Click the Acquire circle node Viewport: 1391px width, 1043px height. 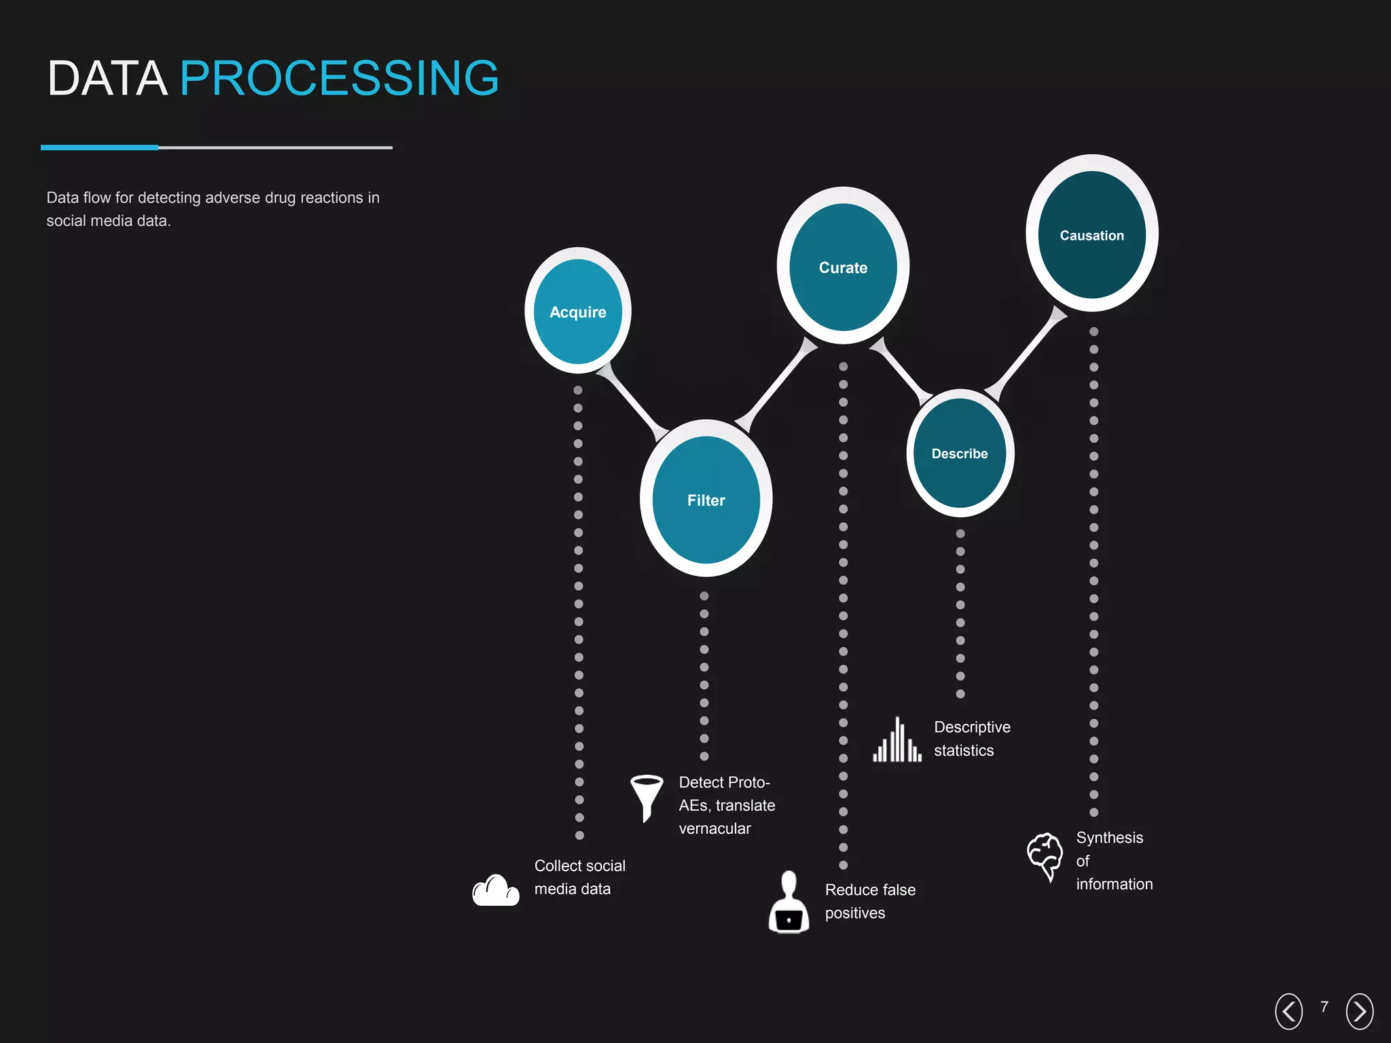point(577,311)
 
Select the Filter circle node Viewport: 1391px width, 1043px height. point(706,500)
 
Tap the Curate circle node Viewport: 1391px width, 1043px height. point(843,267)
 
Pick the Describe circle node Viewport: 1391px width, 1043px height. point(959,453)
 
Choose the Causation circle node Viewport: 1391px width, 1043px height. point(1091,234)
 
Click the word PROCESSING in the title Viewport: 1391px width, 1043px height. point(339,78)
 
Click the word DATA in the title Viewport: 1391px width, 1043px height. point(107,78)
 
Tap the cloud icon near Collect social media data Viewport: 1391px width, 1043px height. point(496,890)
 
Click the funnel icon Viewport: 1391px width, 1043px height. point(646,797)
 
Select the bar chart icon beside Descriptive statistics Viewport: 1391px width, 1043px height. point(897,741)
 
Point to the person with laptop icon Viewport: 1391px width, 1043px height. point(789,903)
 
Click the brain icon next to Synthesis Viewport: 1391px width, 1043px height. point(1045,856)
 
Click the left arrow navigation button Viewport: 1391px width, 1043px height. point(1288,1011)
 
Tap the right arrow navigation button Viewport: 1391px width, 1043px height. point(1359,1011)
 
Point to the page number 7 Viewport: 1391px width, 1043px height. point(1324,1007)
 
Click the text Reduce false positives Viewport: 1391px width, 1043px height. point(869,901)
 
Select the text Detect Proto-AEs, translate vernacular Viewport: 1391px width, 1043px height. point(726,805)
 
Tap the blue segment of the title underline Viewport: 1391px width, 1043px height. point(99,147)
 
